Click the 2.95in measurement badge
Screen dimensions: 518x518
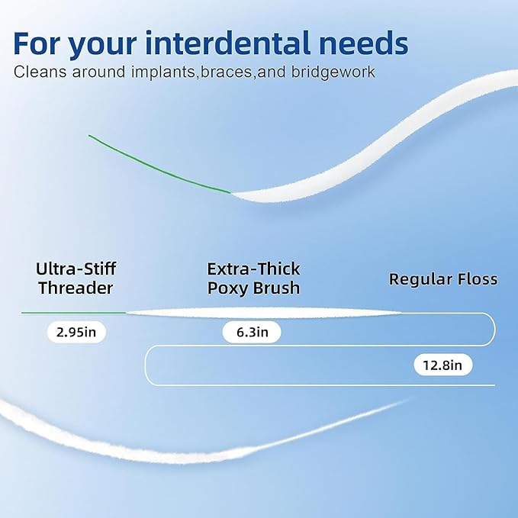coord(76,333)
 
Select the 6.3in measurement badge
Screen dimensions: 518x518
coord(252,333)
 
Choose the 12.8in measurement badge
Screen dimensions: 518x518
coord(442,365)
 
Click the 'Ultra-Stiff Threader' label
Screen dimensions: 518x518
coord(76,278)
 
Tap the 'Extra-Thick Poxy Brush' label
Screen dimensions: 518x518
coord(253,278)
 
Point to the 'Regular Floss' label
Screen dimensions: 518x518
coord(442,278)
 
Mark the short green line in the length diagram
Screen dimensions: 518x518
coord(73,313)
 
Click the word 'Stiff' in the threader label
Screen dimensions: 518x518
coord(98,269)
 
